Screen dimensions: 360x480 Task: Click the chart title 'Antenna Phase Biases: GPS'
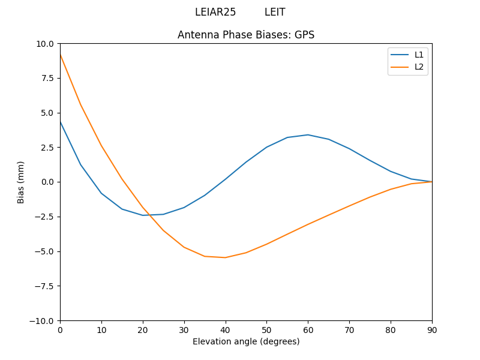click(246, 35)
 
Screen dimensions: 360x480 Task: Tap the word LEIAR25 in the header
click(215, 12)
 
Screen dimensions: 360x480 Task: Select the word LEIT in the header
click(275, 12)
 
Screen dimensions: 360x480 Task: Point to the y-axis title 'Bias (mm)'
click(21, 182)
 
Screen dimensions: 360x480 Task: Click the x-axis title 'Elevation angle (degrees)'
click(246, 341)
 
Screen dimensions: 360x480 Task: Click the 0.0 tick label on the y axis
click(47, 182)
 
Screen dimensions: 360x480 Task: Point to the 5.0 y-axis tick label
click(47, 113)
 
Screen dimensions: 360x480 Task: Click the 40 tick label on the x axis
click(226, 330)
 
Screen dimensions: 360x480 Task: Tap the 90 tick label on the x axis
click(432, 330)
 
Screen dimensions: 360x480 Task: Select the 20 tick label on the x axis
click(143, 330)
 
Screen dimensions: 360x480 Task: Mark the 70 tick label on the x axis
click(349, 330)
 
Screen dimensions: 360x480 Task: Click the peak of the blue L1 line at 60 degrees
click(308, 135)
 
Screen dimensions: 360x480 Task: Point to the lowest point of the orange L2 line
click(226, 257)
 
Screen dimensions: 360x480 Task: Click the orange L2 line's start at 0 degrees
click(61, 55)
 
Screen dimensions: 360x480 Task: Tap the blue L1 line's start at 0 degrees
click(61, 122)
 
